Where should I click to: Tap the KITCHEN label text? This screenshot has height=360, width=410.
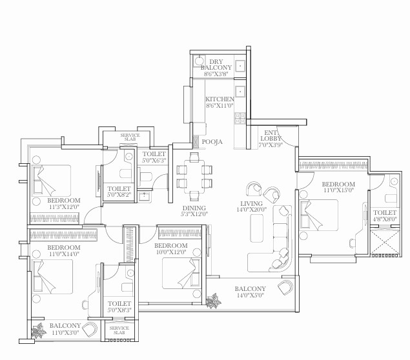[x=220, y=99]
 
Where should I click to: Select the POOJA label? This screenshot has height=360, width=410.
[x=212, y=142]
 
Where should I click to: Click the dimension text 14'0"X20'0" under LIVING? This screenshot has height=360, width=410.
[x=252, y=210]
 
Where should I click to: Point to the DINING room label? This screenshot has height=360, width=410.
[x=194, y=208]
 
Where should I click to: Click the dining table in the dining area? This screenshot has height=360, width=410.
[x=194, y=176]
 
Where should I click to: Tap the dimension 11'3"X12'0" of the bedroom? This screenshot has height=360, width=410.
[x=64, y=207]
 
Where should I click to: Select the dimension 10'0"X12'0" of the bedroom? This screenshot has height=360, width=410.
[x=171, y=252]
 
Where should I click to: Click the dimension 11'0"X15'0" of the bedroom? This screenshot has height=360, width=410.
[x=338, y=190]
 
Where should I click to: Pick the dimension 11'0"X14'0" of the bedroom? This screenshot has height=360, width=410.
[x=64, y=254]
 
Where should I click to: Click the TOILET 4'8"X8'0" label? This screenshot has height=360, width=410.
[x=385, y=215]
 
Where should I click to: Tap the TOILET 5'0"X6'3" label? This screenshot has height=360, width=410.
[x=154, y=157]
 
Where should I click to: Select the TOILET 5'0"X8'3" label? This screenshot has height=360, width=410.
[x=119, y=306]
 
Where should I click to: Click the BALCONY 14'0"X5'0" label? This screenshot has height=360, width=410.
[x=251, y=292]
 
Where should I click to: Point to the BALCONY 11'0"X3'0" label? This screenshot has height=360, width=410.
[x=65, y=329]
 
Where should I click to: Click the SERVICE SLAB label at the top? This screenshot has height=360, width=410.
[x=130, y=137]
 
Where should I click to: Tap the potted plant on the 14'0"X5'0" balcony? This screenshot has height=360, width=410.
[x=213, y=301]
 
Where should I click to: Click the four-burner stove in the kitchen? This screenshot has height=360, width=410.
[x=240, y=118]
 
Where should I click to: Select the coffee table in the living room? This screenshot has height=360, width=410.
[x=257, y=228]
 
